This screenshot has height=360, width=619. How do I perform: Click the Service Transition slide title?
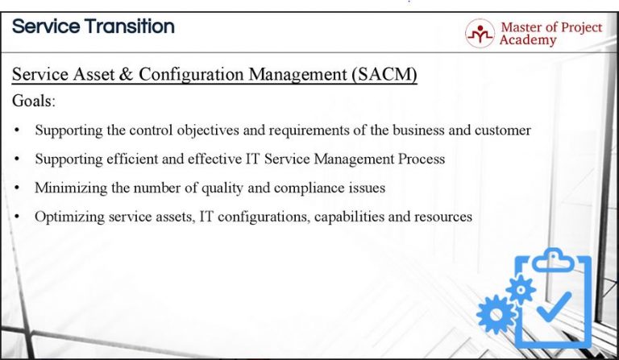[93, 27]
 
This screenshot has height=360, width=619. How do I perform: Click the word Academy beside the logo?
[528, 40]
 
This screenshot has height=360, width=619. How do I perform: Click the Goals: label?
[34, 102]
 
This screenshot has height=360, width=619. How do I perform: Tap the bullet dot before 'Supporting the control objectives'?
[17, 130]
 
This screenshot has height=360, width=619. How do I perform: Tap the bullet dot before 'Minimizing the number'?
[17, 188]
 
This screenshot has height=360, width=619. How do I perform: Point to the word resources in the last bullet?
[443, 217]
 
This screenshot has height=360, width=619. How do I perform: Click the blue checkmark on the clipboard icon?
[554, 306]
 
